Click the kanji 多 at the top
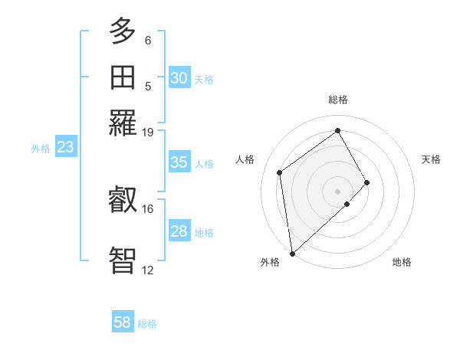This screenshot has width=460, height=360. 123,31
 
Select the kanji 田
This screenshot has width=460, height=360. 123,77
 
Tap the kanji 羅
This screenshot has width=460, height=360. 123,123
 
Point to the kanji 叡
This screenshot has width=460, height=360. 123,200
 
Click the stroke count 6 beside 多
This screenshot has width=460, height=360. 148,40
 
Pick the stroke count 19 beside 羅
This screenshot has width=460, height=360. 148,132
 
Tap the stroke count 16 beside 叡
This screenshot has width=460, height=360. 148,208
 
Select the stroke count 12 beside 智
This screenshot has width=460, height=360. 148,270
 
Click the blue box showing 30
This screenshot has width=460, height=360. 179,78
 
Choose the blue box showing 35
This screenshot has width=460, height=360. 179,162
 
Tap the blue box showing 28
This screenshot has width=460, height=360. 179,231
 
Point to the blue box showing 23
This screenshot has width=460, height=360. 65,148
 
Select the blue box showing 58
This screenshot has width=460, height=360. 123,323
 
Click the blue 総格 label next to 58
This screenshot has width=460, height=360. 147,324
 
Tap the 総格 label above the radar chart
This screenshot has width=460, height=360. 337,100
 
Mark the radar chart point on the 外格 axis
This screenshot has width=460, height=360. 292,253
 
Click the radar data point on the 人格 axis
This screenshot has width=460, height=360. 280,172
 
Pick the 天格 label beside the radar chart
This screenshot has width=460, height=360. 431,159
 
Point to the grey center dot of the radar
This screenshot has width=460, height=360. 337,190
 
